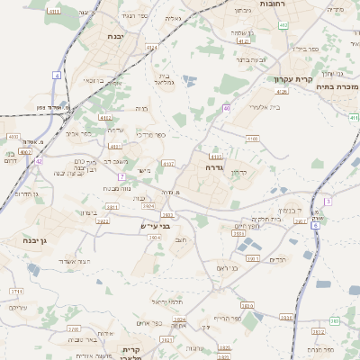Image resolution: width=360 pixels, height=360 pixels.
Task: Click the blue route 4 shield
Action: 56,76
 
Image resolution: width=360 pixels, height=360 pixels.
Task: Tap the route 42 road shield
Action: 39,161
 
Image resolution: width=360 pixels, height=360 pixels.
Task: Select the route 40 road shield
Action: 227,108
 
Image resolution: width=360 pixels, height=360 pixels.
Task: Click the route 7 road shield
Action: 121,176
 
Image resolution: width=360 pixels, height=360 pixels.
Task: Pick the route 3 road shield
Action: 328,201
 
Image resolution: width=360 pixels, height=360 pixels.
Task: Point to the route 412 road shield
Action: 284,26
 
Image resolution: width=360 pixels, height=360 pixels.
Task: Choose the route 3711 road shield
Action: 16,292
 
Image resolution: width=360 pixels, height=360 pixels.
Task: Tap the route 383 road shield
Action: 334,320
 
